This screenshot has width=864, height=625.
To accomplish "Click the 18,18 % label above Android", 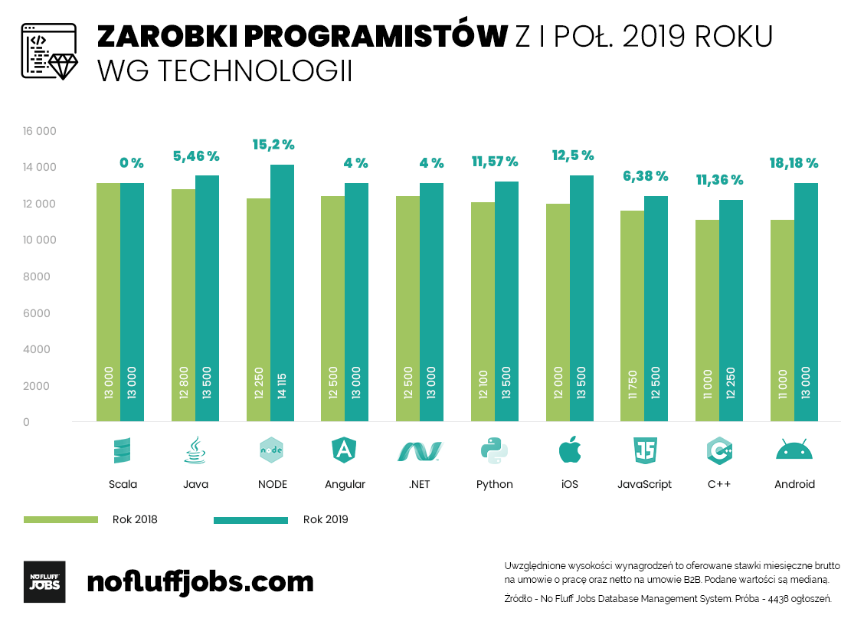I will [794, 163].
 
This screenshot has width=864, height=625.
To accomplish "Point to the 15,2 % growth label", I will [273, 145].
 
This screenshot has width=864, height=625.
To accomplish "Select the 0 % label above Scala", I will [131, 163].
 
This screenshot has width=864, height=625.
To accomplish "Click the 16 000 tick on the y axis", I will [40, 131].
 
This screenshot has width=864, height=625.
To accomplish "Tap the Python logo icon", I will [495, 450].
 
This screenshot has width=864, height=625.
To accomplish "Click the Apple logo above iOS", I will [569, 450].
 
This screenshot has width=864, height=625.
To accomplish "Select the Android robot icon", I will [794, 450].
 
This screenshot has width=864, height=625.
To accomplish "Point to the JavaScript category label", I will [644, 484].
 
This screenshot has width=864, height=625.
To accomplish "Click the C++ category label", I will [719, 484].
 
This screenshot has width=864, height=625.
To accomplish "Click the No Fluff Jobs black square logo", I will [44, 581].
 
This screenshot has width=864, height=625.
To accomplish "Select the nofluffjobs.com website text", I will [200, 581].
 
